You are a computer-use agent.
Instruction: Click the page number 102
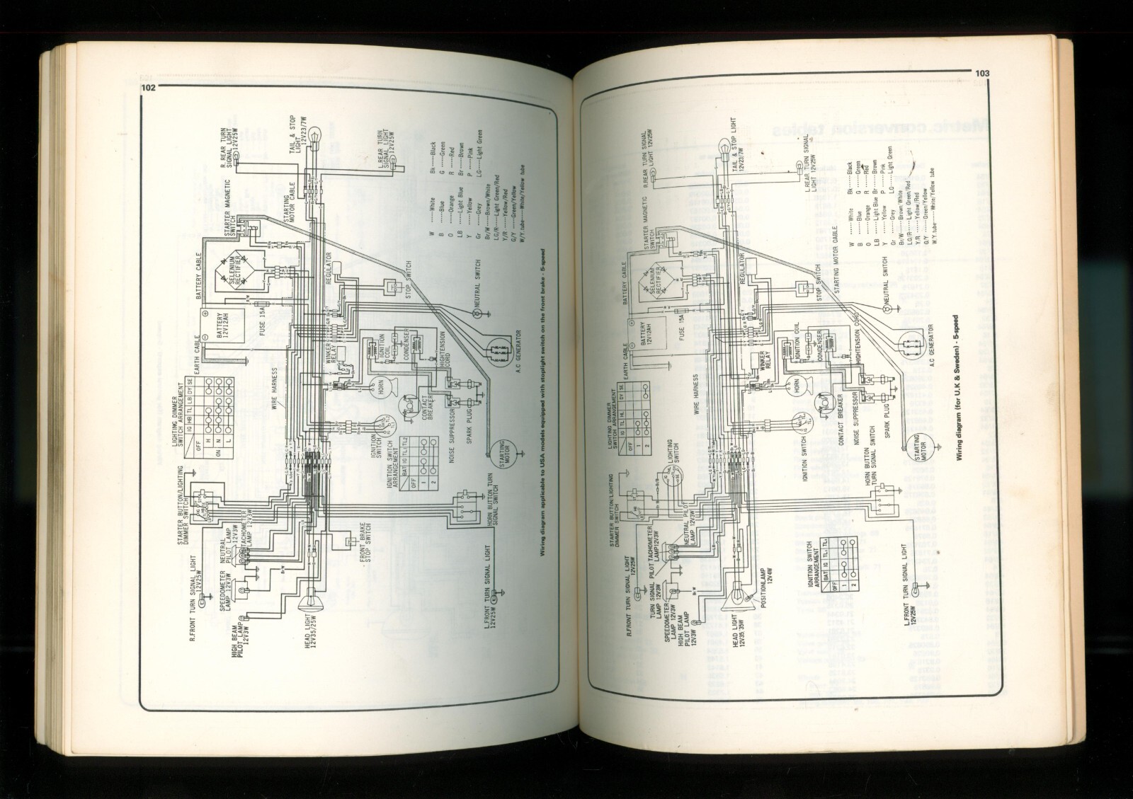tap(148, 88)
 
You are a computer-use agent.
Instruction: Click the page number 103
tap(981, 73)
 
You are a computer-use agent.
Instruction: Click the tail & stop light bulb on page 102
tap(308, 134)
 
